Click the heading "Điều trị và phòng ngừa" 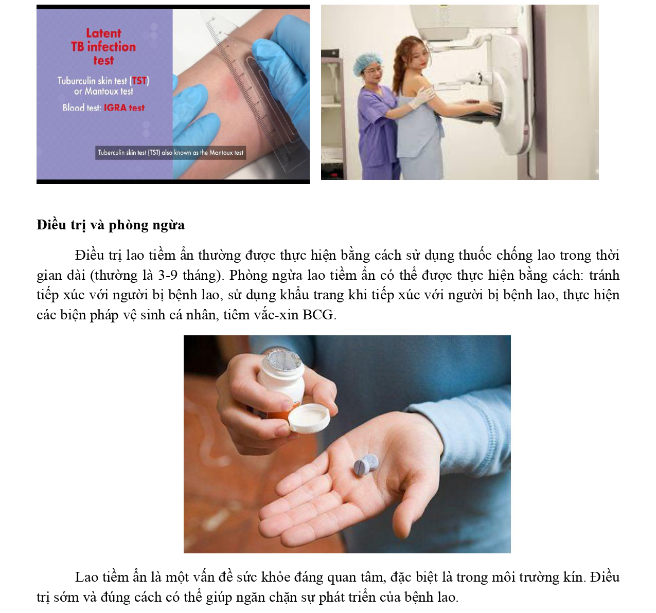click(x=110, y=225)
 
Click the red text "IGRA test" click(x=124, y=107)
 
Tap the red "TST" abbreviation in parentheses click(x=139, y=81)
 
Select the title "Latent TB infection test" click(x=103, y=47)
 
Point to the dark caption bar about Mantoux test click(x=170, y=153)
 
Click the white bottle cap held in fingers click(x=309, y=418)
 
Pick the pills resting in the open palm click(x=366, y=464)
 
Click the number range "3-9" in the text click(x=168, y=275)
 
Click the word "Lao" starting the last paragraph click(x=86, y=577)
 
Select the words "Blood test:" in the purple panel click(x=82, y=107)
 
